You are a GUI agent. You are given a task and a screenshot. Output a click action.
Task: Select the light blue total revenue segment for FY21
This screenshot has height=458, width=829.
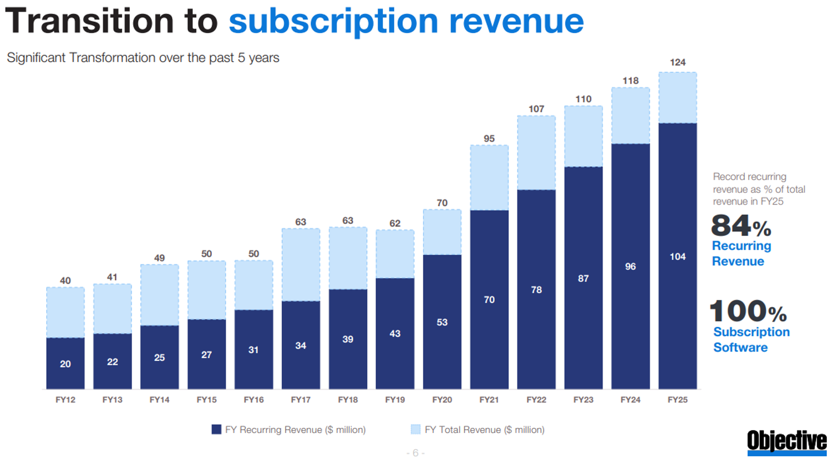click(x=489, y=178)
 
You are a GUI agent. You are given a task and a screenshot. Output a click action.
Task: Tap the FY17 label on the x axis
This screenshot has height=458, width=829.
click(x=301, y=399)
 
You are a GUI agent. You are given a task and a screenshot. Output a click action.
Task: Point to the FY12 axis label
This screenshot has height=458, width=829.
click(x=65, y=399)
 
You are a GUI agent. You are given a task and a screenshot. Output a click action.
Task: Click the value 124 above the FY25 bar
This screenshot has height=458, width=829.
click(x=677, y=62)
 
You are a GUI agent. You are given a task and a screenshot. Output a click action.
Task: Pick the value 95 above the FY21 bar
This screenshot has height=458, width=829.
click(x=489, y=139)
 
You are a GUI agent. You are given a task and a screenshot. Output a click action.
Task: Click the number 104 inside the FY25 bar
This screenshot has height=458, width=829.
click(x=677, y=257)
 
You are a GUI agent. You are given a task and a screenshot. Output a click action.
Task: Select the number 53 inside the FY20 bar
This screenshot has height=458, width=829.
click(x=442, y=323)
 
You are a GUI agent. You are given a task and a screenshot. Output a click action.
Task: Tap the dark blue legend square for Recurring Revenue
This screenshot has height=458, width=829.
click(x=217, y=430)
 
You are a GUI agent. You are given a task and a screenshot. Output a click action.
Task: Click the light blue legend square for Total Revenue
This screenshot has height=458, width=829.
click(x=416, y=430)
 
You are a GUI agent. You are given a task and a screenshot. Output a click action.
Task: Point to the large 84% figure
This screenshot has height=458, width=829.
click(x=740, y=226)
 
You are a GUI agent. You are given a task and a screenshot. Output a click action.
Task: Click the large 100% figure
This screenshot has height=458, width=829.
click(x=748, y=311)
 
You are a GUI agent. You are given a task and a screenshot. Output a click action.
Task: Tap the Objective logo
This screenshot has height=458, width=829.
click(x=787, y=441)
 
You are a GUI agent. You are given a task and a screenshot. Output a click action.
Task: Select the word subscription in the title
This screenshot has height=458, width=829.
click(x=333, y=21)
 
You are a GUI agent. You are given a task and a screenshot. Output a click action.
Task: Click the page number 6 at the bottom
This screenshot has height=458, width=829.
click(x=416, y=453)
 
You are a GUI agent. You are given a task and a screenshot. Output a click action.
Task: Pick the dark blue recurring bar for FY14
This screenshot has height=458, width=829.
click(x=159, y=357)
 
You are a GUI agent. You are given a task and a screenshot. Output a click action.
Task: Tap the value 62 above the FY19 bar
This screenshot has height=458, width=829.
click(x=395, y=223)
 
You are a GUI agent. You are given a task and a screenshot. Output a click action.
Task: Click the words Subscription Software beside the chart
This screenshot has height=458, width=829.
click(x=751, y=339)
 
